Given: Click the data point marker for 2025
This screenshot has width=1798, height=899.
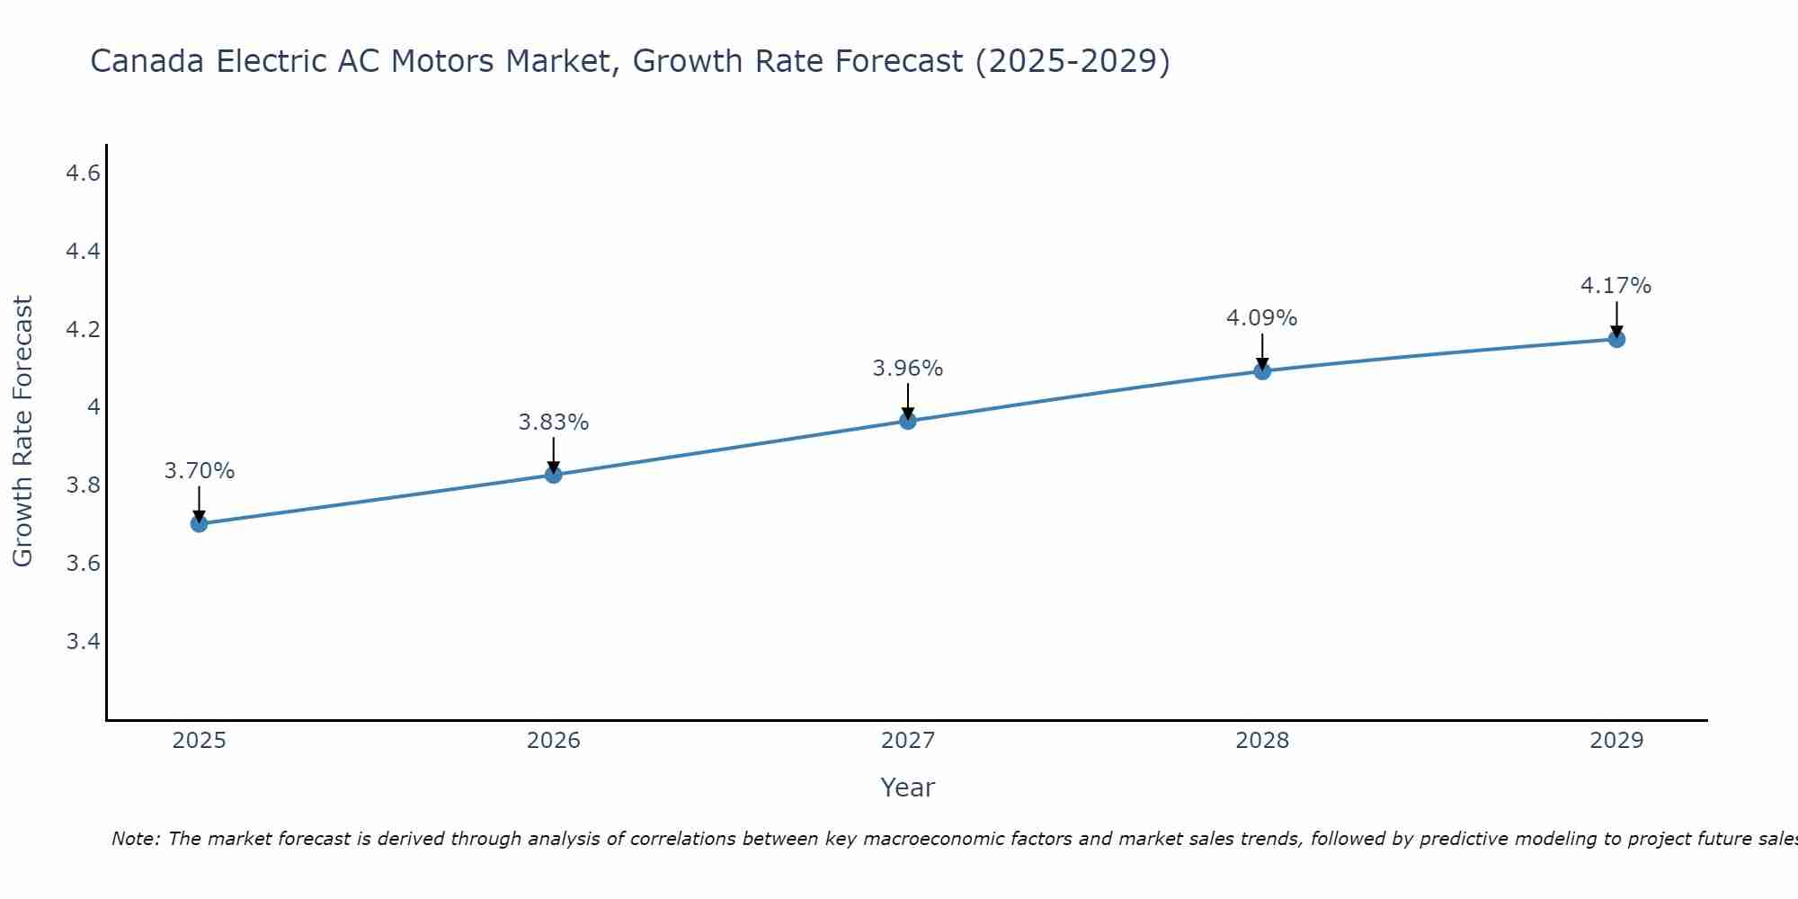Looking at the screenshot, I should point(199,523).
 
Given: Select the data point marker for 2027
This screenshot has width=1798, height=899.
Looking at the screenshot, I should point(908,421).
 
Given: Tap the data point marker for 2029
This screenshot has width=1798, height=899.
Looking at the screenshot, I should point(1616,339).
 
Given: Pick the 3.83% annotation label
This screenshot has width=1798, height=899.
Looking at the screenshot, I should point(553,422).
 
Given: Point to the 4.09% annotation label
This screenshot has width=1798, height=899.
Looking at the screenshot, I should point(1261,318).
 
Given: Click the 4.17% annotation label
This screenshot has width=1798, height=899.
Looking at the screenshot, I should point(1616,286).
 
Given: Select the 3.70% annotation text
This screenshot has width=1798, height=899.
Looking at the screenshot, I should point(199,471).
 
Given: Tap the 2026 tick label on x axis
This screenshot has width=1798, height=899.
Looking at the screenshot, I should point(553,741).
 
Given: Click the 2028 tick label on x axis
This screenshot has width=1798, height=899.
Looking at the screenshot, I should point(1261,741).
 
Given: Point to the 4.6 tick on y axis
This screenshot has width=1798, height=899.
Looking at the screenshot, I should point(83,174).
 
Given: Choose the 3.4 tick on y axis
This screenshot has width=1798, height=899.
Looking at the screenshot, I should point(83,642).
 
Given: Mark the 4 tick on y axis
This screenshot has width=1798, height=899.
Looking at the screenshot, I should point(93,407).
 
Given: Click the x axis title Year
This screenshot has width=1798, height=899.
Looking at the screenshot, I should point(907,788).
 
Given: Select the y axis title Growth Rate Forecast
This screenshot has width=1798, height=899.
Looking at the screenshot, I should point(22,431).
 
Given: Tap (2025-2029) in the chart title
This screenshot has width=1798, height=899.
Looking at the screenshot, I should point(1073,61).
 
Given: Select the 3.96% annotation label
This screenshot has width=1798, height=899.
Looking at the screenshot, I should point(907,369).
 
